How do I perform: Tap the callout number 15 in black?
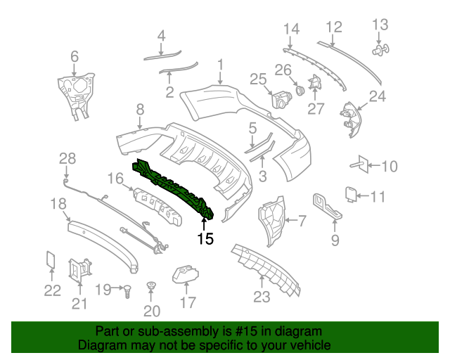pyautogui.click(x=205, y=239)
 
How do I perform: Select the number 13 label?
pyautogui.click(x=380, y=25)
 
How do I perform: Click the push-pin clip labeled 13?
pyautogui.click(x=380, y=50)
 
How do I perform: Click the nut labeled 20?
pyautogui.click(x=150, y=287)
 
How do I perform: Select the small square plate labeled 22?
pyautogui.click(x=51, y=259)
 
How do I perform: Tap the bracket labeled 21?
pyautogui.click(x=79, y=269)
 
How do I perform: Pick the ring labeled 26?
pyautogui.click(x=300, y=90)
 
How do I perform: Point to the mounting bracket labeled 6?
pyautogui.click(x=75, y=92)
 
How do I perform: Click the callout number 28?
pyautogui.click(x=67, y=158)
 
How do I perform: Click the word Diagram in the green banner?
pyautogui.click(x=101, y=346)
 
